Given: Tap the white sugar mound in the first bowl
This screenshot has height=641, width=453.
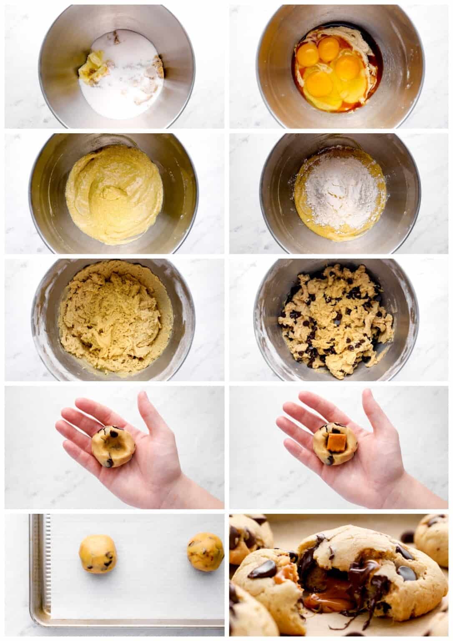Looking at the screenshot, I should pos(121,79).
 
